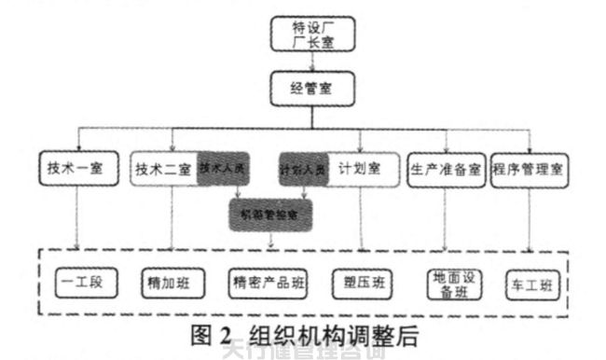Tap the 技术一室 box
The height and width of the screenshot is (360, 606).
[77, 170]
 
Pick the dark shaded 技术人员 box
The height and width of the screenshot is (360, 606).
[221, 170]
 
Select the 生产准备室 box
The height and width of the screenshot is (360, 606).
[445, 170]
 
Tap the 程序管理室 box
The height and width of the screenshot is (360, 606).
[530, 170]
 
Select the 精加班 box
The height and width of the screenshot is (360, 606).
[169, 281]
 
